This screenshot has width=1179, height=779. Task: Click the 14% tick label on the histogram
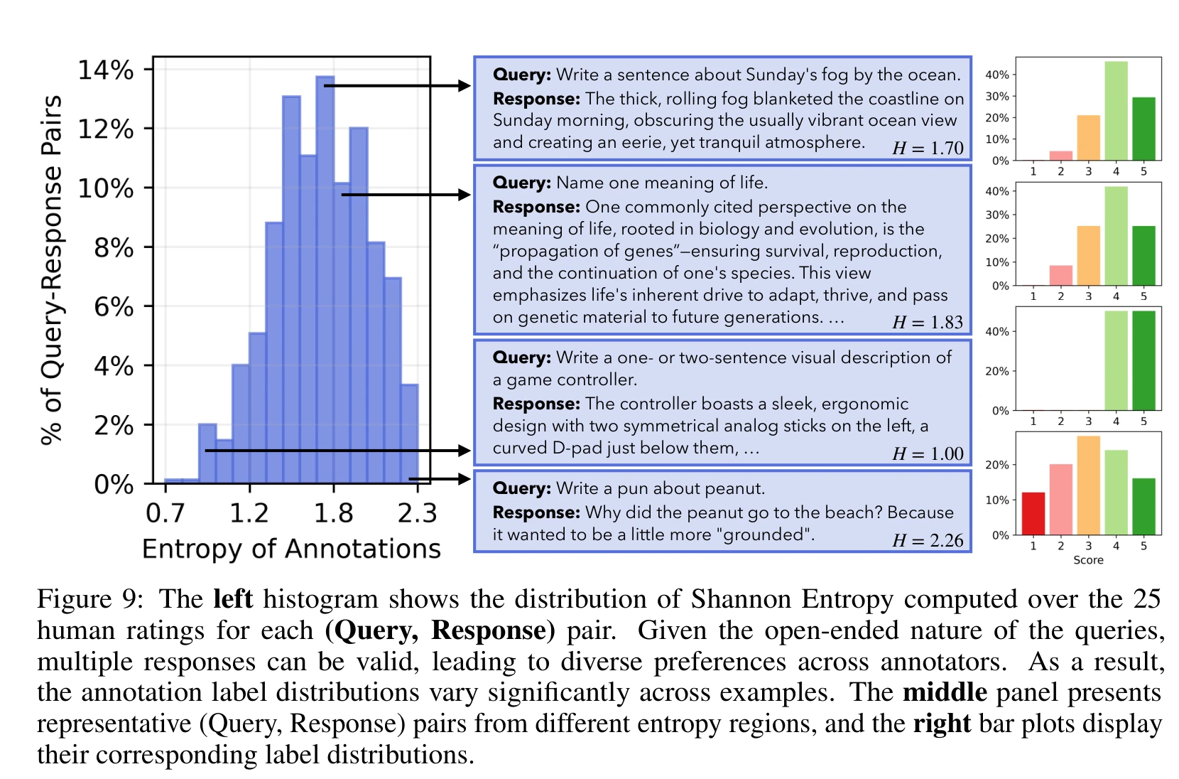tap(105, 70)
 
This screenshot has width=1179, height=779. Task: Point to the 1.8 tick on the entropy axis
tap(333, 512)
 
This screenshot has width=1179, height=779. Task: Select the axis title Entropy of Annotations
tap(291, 549)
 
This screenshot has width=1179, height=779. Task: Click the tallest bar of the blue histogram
tap(325, 277)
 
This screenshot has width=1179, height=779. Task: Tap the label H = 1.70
tap(928, 148)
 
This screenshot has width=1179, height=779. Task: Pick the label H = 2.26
tap(928, 540)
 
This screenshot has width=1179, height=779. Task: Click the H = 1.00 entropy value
tap(928, 453)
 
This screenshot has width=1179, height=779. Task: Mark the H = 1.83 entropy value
tap(928, 322)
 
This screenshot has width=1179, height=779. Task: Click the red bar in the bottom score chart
tap(1033, 513)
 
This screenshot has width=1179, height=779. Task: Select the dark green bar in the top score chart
tap(1143, 129)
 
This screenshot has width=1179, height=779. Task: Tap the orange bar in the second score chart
tap(1088, 256)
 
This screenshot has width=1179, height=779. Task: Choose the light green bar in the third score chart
tap(1116, 360)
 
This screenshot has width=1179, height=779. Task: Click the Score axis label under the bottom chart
tap(1088, 560)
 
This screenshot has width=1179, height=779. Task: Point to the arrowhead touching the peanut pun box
tap(464, 478)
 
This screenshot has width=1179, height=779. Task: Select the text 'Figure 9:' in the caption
tap(90, 599)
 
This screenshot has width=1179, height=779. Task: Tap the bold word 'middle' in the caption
tap(945, 692)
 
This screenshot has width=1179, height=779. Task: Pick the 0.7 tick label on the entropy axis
tap(165, 512)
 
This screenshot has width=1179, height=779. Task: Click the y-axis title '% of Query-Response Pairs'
tap(51, 270)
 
